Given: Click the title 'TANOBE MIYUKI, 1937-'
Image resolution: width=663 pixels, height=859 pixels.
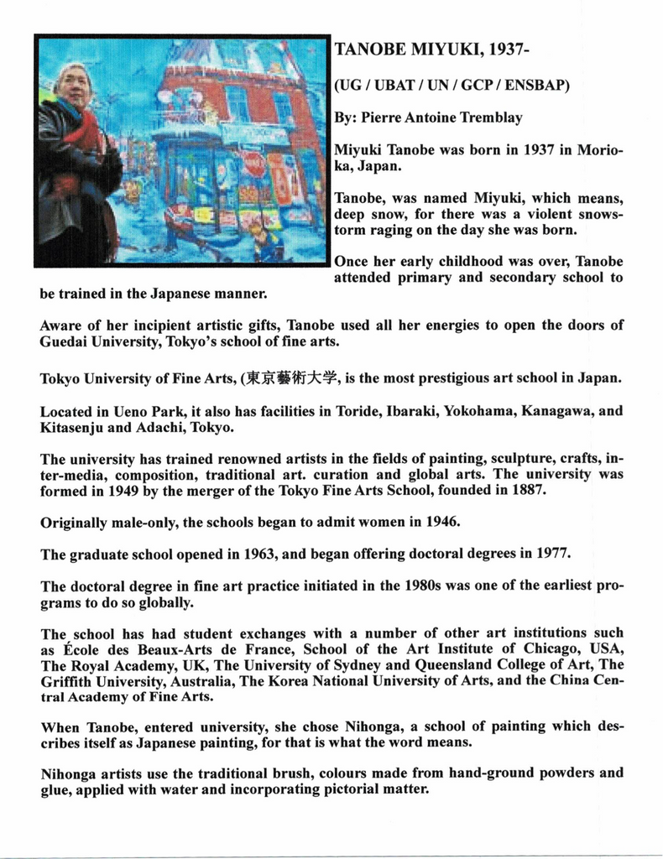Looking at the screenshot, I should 431,50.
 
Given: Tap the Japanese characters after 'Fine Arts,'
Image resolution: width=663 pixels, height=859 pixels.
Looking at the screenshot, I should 291,378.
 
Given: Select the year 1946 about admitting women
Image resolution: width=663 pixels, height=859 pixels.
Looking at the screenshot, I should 441,522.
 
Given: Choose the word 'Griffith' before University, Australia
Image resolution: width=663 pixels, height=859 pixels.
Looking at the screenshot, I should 67,681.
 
